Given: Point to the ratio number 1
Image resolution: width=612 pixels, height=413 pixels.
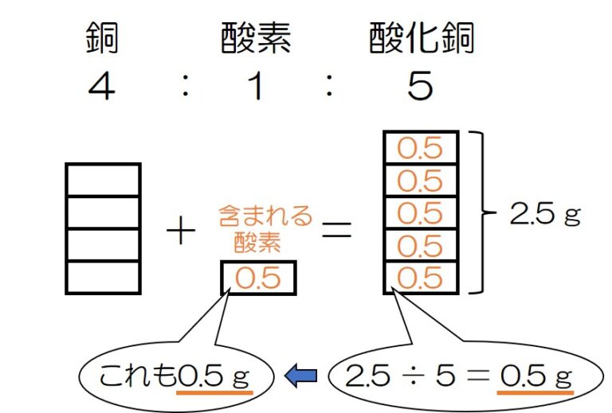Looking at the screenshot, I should point(255,86).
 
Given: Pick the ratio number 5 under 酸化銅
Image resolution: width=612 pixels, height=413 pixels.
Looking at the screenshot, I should point(420,86).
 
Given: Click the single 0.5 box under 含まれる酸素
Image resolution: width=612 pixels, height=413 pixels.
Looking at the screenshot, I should point(258,279).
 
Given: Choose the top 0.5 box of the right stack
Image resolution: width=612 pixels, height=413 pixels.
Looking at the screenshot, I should point(421,149).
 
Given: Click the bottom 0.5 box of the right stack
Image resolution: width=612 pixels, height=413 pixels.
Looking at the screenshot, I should point(421,278).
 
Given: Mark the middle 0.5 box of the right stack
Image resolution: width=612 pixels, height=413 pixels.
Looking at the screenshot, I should point(421,213).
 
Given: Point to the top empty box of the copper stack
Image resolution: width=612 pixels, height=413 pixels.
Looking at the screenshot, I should point(103,180).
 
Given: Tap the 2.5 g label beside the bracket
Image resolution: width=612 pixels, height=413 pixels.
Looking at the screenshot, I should point(545,214).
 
